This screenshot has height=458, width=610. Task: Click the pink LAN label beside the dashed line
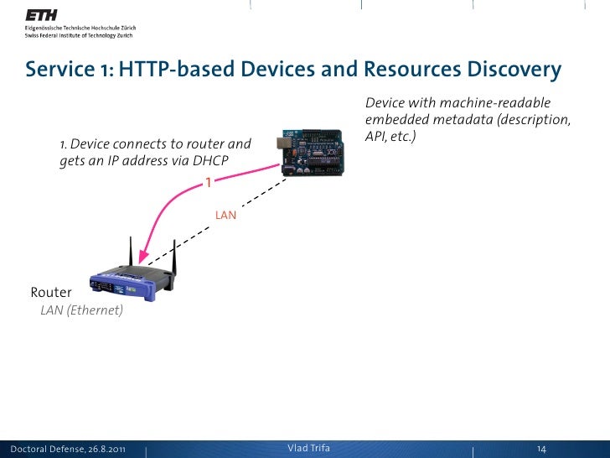coord(225,216)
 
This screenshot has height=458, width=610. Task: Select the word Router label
coord(51,293)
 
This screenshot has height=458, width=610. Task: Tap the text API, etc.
coord(391,135)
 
